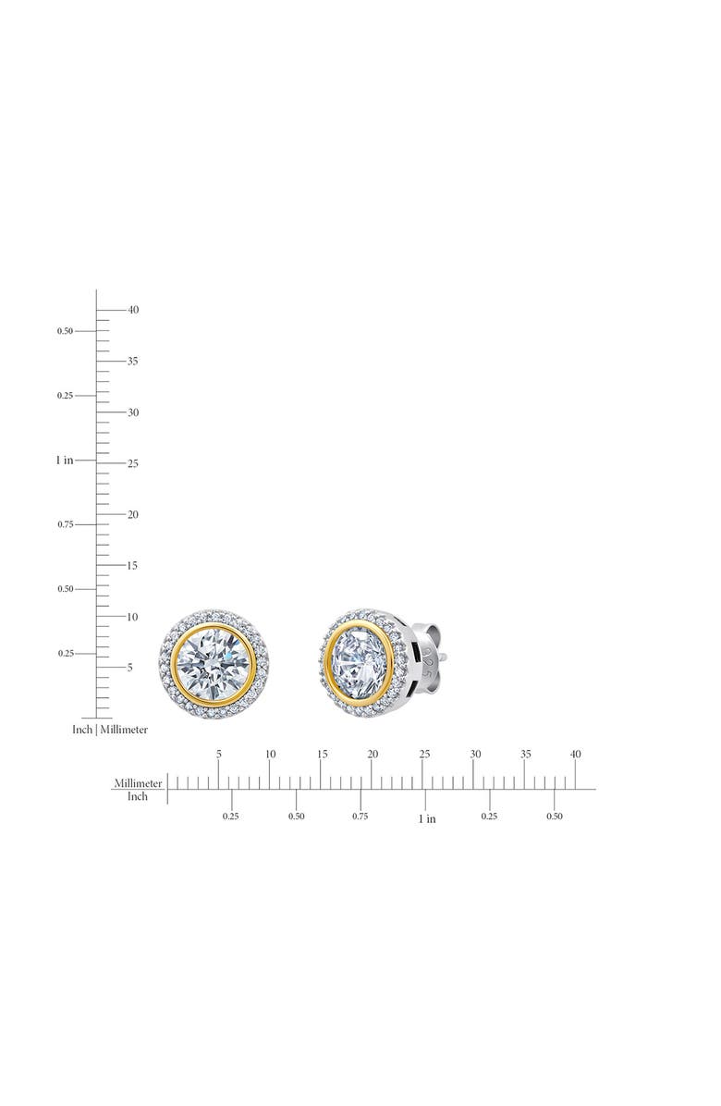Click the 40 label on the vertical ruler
point(133,310)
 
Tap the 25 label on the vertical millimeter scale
point(133,463)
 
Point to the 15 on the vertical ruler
point(133,565)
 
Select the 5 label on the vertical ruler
point(130,667)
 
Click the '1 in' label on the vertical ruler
point(65,460)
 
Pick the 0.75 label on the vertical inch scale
point(65,524)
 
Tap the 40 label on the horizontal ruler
point(576,755)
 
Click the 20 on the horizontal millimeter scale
point(373,755)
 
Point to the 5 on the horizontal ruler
point(219,755)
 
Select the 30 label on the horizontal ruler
point(475,755)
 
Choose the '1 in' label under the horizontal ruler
point(426,818)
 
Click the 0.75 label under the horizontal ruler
point(360,817)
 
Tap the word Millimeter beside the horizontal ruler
point(139,783)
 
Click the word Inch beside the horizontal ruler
point(138,796)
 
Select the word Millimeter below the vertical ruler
point(124,730)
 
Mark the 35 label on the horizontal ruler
point(525,755)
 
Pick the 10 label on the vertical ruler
point(133,617)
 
